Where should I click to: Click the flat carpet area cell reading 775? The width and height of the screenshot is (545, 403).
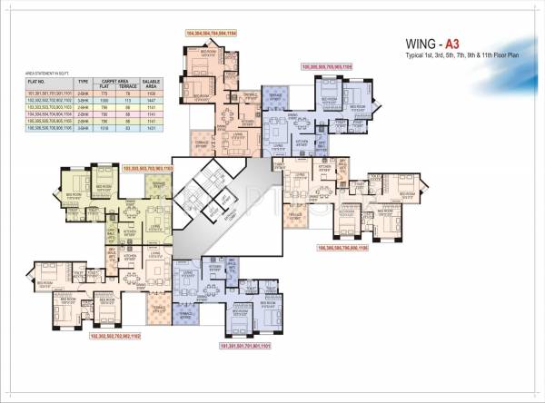pyautogui.click(x=104, y=93)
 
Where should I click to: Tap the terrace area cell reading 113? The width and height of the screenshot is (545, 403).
pyautogui.click(x=128, y=99)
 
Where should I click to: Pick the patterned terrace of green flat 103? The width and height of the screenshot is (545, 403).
pyautogui.click(x=160, y=183)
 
